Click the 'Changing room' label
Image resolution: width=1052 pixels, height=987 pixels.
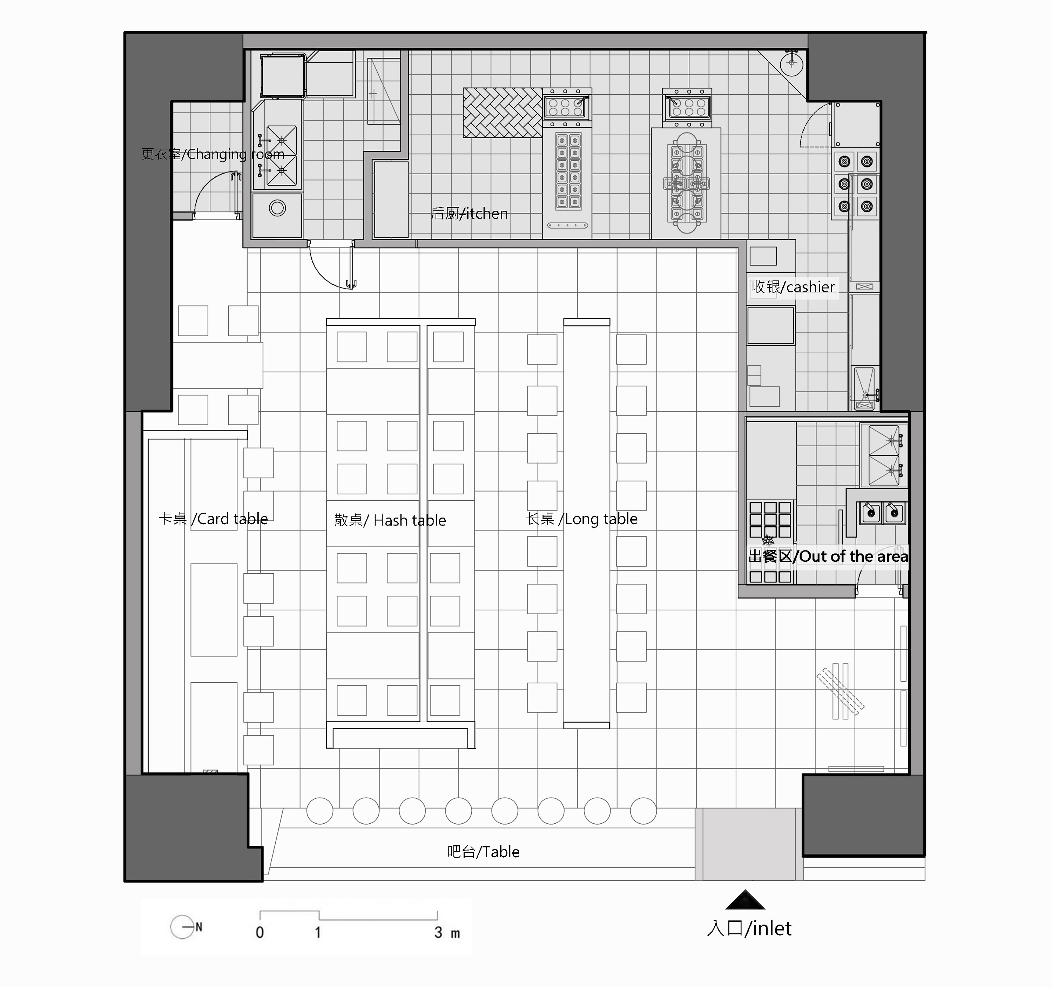click(213, 154)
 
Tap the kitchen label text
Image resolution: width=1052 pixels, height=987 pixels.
click(470, 213)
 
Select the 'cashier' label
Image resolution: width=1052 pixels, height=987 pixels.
click(793, 287)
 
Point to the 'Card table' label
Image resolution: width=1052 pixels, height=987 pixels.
click(213, 519)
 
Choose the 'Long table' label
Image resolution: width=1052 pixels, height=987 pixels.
click(581, 519)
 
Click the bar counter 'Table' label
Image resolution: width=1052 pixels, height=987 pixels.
click(483, 852)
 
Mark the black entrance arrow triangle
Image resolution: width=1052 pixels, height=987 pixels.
click(745, 900)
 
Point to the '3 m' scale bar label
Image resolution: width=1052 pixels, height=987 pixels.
click(447, 933)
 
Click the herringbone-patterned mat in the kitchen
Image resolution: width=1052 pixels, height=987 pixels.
click(503, 113)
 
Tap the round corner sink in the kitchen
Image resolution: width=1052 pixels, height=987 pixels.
click(792, 64)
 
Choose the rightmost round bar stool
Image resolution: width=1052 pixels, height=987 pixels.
click(643, 811)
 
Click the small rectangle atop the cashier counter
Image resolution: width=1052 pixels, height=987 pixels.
click(763, 256)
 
